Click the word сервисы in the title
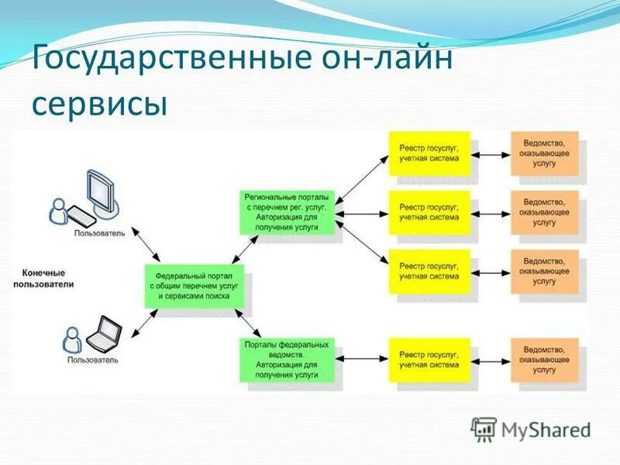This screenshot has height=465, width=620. (x=100, y=104)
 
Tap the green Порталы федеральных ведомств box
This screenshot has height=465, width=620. (x=288, y=359)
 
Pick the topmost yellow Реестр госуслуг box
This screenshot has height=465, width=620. (x=429, y=151)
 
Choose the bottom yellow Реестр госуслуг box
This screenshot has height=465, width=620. (x=429, y=359)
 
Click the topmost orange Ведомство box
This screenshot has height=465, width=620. (x=544, y=151)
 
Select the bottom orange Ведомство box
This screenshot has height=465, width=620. (x=544, y=359)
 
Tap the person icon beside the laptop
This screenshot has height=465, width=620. (x=72, y=338)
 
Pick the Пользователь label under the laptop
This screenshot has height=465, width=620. (x=92, y=360)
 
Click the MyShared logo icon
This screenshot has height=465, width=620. (x=484, y=429)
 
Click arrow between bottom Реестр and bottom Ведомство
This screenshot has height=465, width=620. (x=491, y=359)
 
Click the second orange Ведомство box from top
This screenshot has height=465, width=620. (x=544, y=211)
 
